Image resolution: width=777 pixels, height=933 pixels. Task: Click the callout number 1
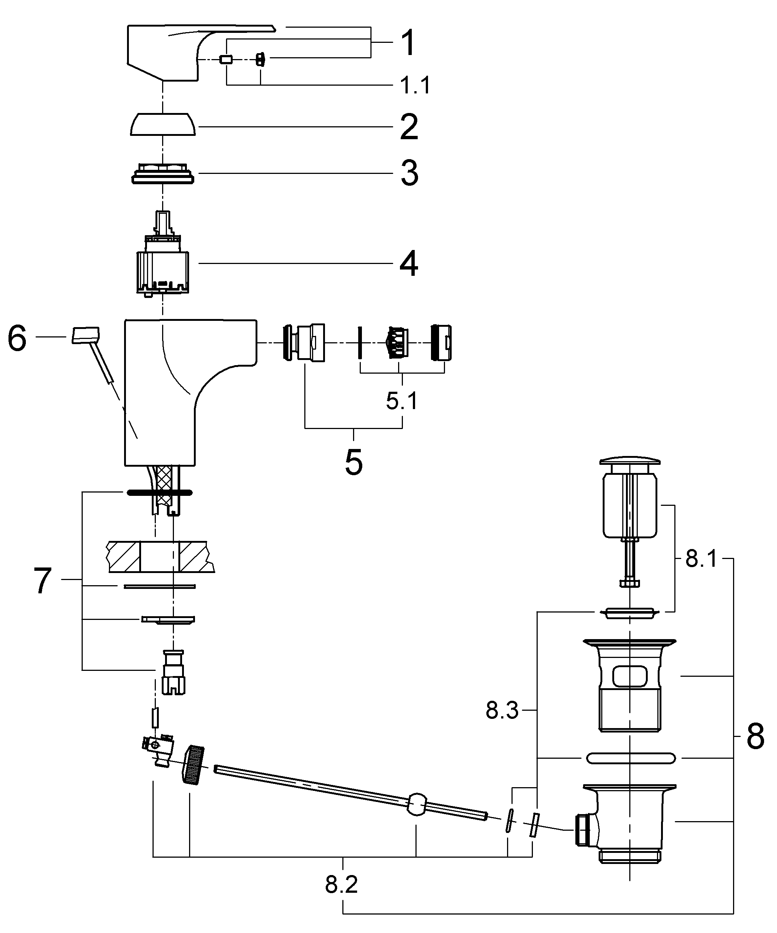tap(408, 43)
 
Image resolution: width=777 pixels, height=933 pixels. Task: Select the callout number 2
tap(409, 127)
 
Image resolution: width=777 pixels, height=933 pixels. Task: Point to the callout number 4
tap(408, 264)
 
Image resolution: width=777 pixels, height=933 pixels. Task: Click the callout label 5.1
tap(402, 402)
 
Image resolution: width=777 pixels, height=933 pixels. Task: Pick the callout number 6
tap(17, 339)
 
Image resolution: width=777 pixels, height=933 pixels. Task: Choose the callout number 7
tap(43, 580)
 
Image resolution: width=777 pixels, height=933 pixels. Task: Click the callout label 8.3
tap(502, 711)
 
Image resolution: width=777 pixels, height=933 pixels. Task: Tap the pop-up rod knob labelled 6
tap(86, 335)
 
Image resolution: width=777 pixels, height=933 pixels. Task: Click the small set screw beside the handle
tap(260, 59)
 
